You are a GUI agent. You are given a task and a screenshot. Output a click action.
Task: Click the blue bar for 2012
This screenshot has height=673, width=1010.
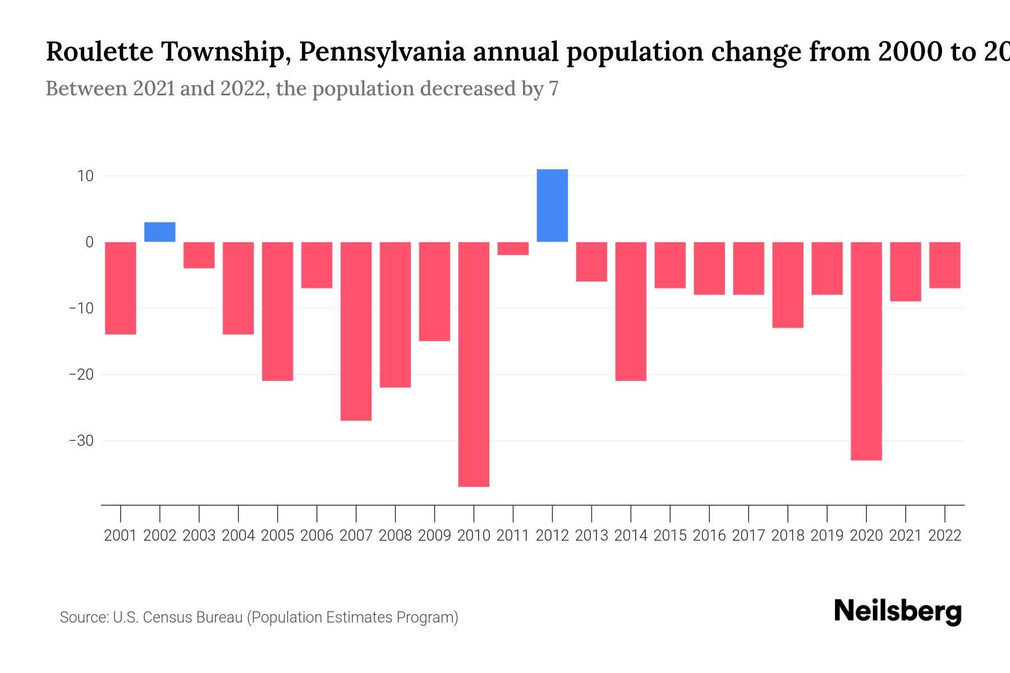(x=552, y=205)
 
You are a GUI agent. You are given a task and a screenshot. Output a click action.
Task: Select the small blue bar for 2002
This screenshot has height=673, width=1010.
(x=160, y=232)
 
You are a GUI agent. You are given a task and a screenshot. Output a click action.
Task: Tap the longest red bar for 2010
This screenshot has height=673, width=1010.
(x=474, y=364)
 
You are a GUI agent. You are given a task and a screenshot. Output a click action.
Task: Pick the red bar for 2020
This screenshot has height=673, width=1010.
(x=866, y=351)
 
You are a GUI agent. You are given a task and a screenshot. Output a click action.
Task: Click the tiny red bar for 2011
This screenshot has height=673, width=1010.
(x=513, y=248)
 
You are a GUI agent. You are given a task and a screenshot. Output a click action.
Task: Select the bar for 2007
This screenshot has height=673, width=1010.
(x=356, y=331)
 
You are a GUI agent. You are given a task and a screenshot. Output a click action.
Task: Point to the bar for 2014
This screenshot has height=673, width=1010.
(x=631, y=311)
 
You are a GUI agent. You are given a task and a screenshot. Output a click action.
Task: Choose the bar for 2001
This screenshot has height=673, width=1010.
(x=121, y=288)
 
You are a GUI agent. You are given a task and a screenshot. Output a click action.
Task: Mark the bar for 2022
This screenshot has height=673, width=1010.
(x=945, y=265)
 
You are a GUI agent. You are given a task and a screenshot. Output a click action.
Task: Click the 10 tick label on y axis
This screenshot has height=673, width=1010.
(x=85, y=176)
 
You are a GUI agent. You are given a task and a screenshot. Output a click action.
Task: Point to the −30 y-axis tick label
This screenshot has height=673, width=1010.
(x=81, y=441)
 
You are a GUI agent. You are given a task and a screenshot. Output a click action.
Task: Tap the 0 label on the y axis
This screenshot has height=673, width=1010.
(x=89, y=242)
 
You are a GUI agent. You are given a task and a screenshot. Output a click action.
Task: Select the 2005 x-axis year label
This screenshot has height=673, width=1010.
(x=278, y=536)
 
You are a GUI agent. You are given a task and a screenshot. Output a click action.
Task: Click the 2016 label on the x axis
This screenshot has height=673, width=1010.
(x=709, y=536)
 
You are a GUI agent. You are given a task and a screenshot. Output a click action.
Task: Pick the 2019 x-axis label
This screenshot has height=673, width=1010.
(x=827, y=536)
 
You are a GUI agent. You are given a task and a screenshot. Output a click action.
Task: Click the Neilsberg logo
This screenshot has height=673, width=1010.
(x=898, y=611)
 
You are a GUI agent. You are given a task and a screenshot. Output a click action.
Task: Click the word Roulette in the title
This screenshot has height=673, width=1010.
(x=99, y=52)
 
